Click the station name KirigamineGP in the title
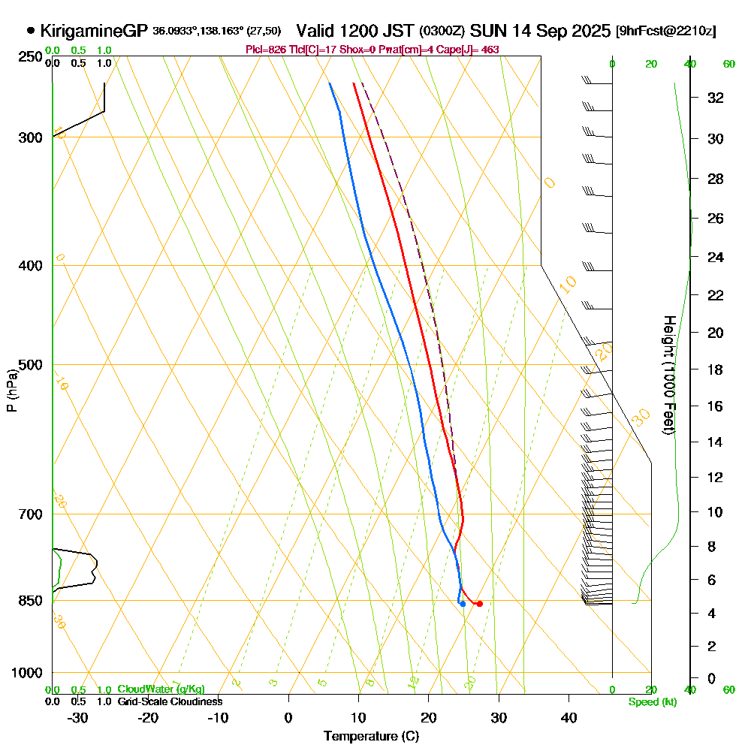coord(94,31)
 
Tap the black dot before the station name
coord(31,31)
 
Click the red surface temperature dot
coord(479,604)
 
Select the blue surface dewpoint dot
coord(463,604)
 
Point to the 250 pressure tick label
coord(28,57)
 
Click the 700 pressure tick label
coord(28,514)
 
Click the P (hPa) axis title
coord(11,391)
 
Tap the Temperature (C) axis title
coord(371,736)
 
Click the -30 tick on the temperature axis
coord(77,718)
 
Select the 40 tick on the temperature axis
coord(569,718)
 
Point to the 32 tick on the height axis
coord(716,98)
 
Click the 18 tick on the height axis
coord(716,369)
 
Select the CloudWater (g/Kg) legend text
coord(161,689)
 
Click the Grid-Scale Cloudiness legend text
coord(169,701)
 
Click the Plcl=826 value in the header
coord(267,50)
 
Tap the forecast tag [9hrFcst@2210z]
coord(665,32)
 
